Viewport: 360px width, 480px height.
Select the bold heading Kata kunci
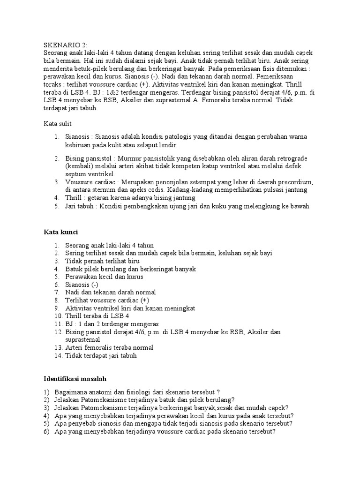(x=61, y=232)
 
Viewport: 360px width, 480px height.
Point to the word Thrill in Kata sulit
(x=74, y=198)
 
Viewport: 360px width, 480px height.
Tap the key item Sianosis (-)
(x=82, y=285)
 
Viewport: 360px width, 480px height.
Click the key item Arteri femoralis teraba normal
(x=109, y=348)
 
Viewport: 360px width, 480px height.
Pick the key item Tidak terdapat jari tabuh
(x=101, y=356)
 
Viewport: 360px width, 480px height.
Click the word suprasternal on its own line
(x=82, y=339)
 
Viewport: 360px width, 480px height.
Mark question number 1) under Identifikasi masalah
(x=46, y=391)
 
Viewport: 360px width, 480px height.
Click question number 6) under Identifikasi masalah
(x=46, y=431)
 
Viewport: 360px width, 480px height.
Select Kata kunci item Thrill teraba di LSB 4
(x=97, y=316)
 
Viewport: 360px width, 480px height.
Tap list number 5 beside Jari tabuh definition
(x=56, y=206)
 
